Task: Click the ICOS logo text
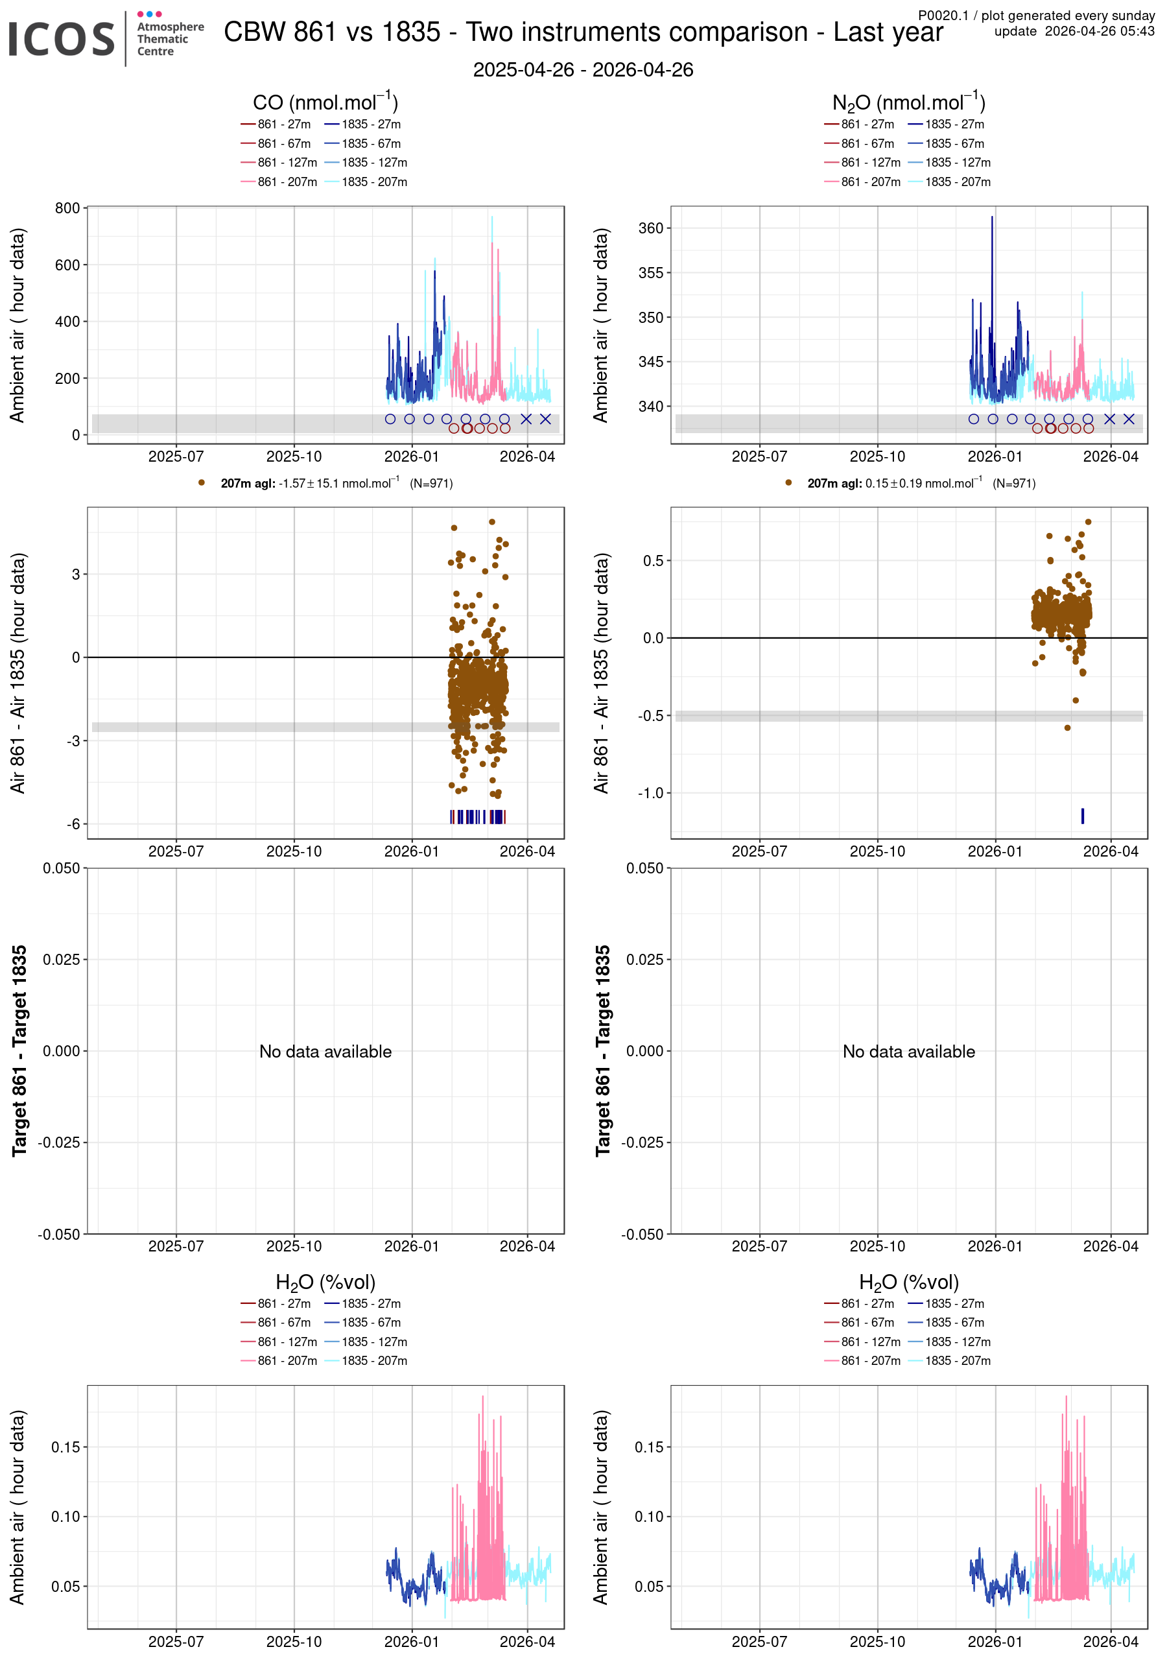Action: pyautogui.click(x=62, y=39)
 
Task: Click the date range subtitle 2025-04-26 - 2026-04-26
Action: pyautogui.click(x=583, y=70)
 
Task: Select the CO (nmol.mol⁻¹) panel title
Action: pyautogui.click(x=325, y=102)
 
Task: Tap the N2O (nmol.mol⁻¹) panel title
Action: pyautogui.click(x=908, y=102)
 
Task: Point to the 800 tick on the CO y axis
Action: pyautogui.click(x=67, y=208)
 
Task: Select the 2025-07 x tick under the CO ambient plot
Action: pyautogui.click(x=176, y=456)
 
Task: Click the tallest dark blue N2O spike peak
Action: pyautogui.click(x=992, y=217)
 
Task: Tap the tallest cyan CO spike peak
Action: pyautogui.click(x=492, y=217)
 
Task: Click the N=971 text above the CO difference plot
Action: pyautogui.click(x=431, y=484)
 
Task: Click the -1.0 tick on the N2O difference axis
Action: pyautogui.click(x=650, y=793)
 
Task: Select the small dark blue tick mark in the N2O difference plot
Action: pyautogui.click(x=1083, y=816)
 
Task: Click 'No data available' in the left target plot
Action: pyautogui.click(x=325, y=1052)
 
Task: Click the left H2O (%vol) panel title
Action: pyautogui.click(x=325, y=1282)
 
